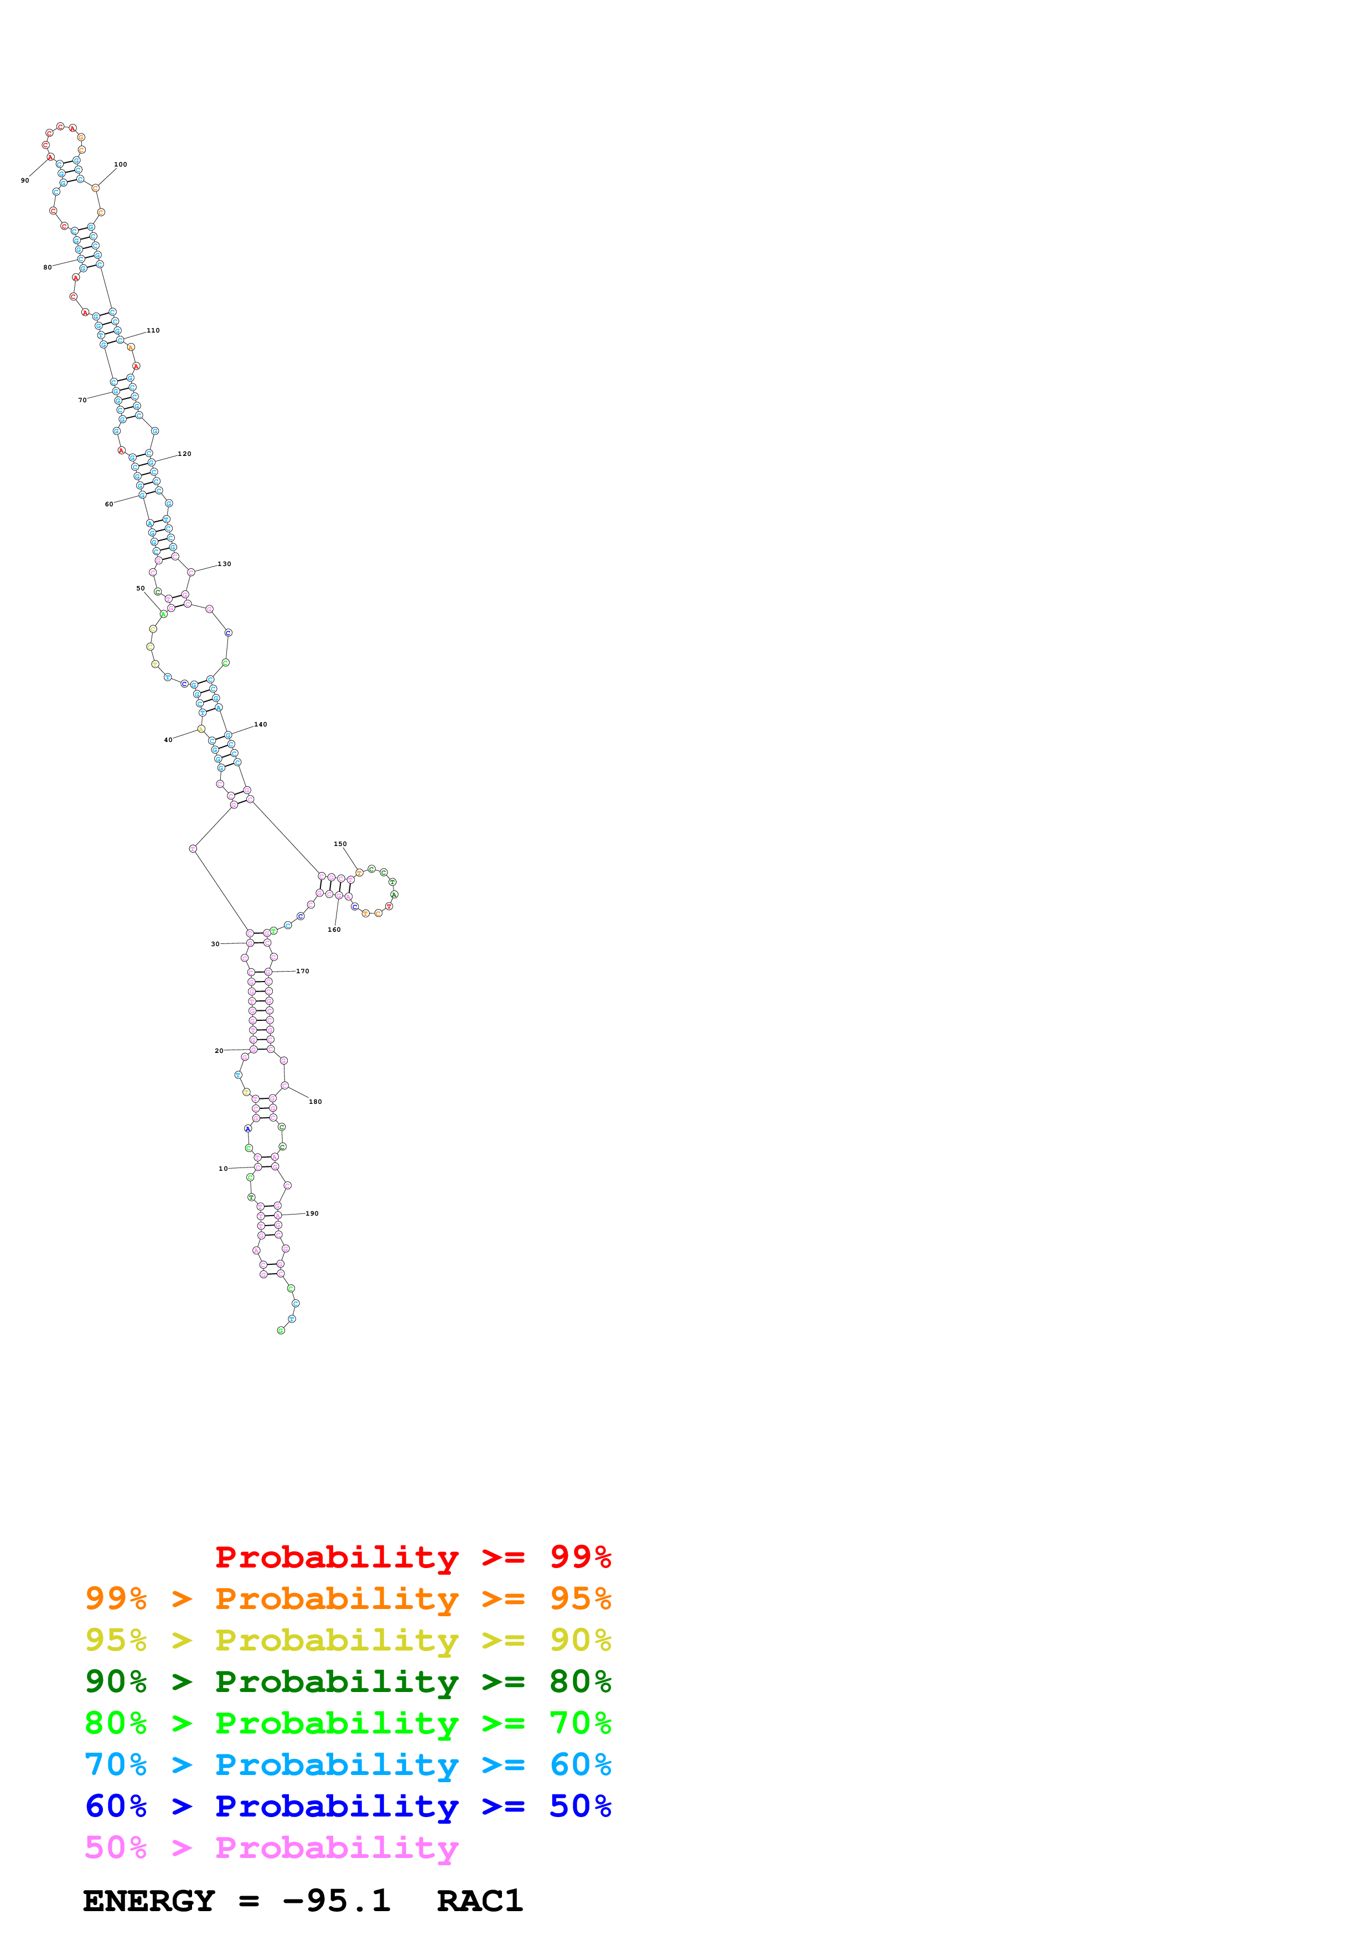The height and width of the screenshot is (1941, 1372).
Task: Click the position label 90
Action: pos(24,180)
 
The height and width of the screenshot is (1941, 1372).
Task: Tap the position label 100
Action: pos(121,165)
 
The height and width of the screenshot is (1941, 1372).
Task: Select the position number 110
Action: pos(153,330)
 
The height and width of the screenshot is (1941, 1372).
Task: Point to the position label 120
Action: pos(184,454)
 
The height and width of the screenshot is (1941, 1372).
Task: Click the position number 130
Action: pos(224,564)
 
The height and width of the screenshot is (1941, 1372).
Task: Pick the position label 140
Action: pos(260,724)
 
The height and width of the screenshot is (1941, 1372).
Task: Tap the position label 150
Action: pos(340,844)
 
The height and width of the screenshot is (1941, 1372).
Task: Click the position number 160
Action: pos(334,930)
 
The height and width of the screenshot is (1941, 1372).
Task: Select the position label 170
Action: pos(303,972)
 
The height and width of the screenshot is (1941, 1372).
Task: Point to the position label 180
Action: pos(315,1102)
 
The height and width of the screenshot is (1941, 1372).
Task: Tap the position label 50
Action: pos(141,588)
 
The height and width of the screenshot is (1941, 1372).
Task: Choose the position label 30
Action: pos(215,944)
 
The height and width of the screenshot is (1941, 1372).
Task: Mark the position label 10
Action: pos(222,1169)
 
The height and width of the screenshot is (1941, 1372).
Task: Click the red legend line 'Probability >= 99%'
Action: pos(412,1557)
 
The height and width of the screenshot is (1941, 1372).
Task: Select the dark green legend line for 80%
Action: pos(348,1681)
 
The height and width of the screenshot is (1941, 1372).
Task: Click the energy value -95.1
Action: pos(336,1901)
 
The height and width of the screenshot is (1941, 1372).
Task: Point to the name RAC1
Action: pos(479,1901)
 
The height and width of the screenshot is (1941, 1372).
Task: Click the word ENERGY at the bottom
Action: pos(149,1901)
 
